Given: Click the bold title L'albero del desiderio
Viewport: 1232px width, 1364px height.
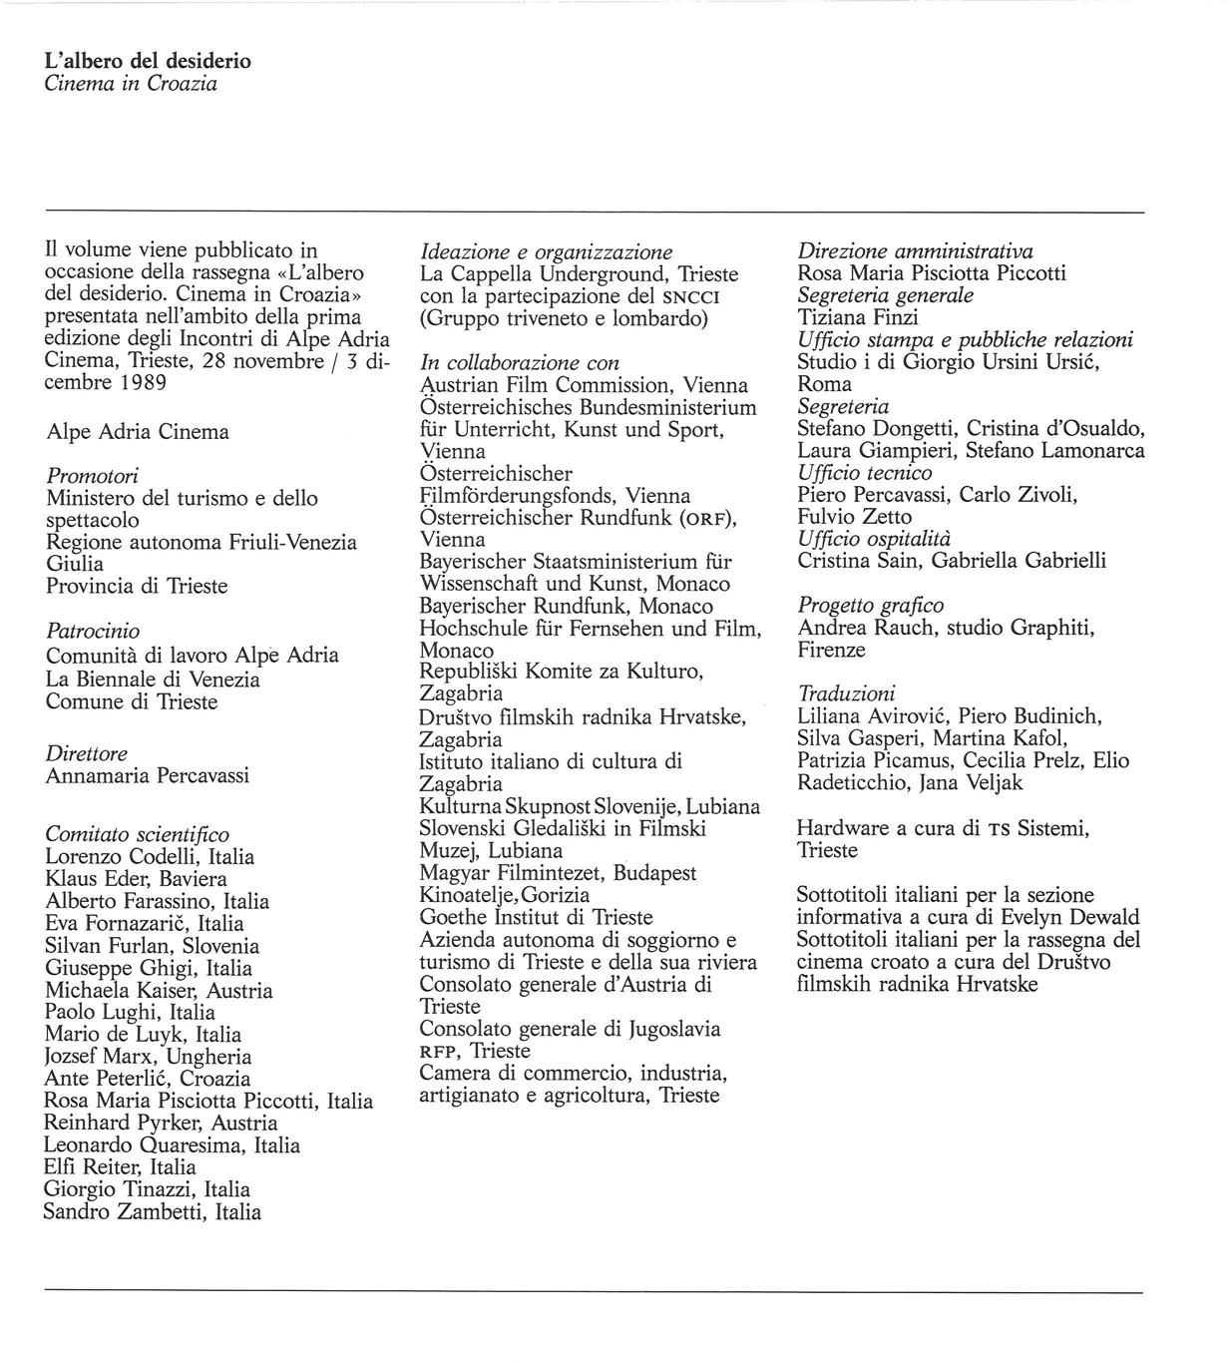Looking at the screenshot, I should click(149, 61).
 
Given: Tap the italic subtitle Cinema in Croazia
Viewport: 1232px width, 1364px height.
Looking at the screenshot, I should click(131, 84).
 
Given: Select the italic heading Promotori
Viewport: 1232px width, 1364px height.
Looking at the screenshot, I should click(92, 475).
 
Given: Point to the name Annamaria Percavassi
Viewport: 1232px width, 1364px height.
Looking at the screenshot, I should click(148, 775).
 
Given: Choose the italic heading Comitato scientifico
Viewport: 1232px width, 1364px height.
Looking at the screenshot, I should click(137, 834).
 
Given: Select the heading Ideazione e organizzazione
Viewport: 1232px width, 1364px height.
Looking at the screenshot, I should click(546, 251).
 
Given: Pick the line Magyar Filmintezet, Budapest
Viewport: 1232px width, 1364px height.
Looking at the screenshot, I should click(558, 873).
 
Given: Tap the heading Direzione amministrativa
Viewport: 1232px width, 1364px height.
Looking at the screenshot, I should click(915, 251).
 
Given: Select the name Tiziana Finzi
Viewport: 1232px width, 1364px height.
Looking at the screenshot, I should click(857, 318).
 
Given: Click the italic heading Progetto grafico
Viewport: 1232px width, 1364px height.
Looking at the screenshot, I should click(870, 605).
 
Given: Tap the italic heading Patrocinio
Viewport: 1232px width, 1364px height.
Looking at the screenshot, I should click(93, 632).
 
